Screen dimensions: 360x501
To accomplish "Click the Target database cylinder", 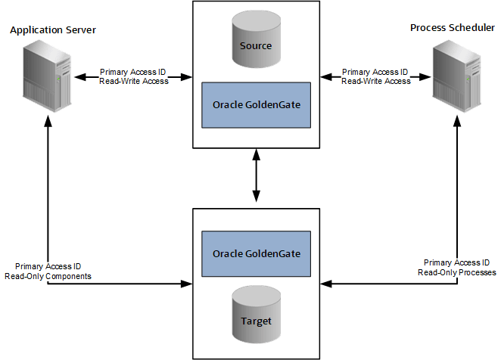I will (256, 318).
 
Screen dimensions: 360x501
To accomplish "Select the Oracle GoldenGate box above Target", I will (256, 253).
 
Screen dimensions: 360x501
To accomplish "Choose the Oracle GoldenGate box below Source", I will (256, 104).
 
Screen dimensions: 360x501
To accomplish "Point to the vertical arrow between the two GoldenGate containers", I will (256, 175).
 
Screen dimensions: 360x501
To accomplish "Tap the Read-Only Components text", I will (53, 276).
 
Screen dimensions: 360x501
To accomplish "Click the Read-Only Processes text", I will (457, 272).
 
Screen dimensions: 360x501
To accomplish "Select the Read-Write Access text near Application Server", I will (134, 81).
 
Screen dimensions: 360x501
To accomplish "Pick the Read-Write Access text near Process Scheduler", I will (376, 81).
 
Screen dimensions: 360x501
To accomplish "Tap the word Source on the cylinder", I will (255, 46).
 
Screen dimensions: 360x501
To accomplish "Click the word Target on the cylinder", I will (256, 321).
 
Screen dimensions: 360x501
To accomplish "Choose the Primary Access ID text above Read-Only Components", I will (48, 267).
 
